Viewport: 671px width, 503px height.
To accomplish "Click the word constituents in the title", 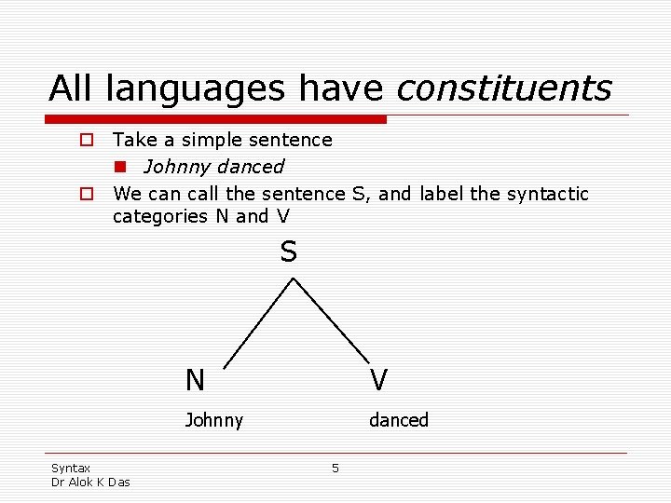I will tap(503, 89).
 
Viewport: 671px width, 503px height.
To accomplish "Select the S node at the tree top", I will tap(289, 252).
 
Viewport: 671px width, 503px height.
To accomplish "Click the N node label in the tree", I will tap(195, 380).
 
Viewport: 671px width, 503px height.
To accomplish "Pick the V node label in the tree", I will tap(378, 380).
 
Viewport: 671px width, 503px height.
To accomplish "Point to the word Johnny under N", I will tap(213, 420).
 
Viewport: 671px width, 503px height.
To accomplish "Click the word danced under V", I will tap(398, 420).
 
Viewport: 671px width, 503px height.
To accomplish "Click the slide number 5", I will tap(335, 468).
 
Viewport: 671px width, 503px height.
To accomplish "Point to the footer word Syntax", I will tap(71, 468).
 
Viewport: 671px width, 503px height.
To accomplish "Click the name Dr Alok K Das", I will tap(90, 482).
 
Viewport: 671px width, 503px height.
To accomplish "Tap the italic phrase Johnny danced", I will tap(213, 167).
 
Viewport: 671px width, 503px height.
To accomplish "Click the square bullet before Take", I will tap(85, 141).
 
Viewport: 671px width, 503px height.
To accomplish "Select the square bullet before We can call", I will tap(85, 195).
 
